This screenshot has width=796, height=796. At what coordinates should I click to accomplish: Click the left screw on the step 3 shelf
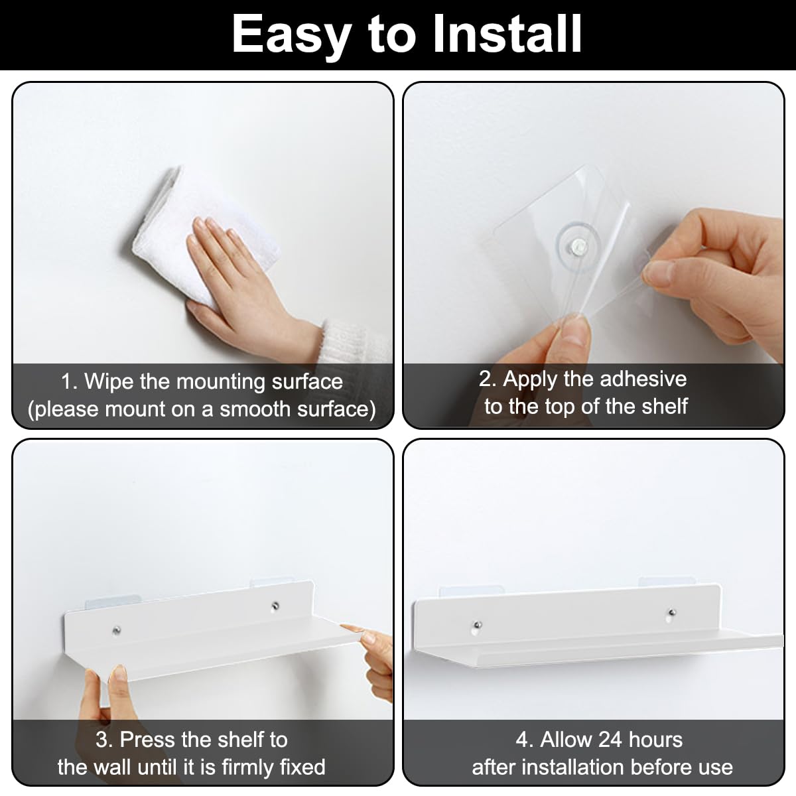click(117, 630)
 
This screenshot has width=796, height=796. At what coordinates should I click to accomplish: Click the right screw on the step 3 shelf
click(275, 606)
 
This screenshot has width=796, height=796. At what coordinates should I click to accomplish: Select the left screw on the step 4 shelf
click(478, 625)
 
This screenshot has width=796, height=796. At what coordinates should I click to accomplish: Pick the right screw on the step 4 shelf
click(672, 612)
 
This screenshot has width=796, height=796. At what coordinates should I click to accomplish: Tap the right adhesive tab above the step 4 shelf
click(666, 582)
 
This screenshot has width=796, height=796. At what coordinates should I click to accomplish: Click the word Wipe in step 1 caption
click(110, 381)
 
